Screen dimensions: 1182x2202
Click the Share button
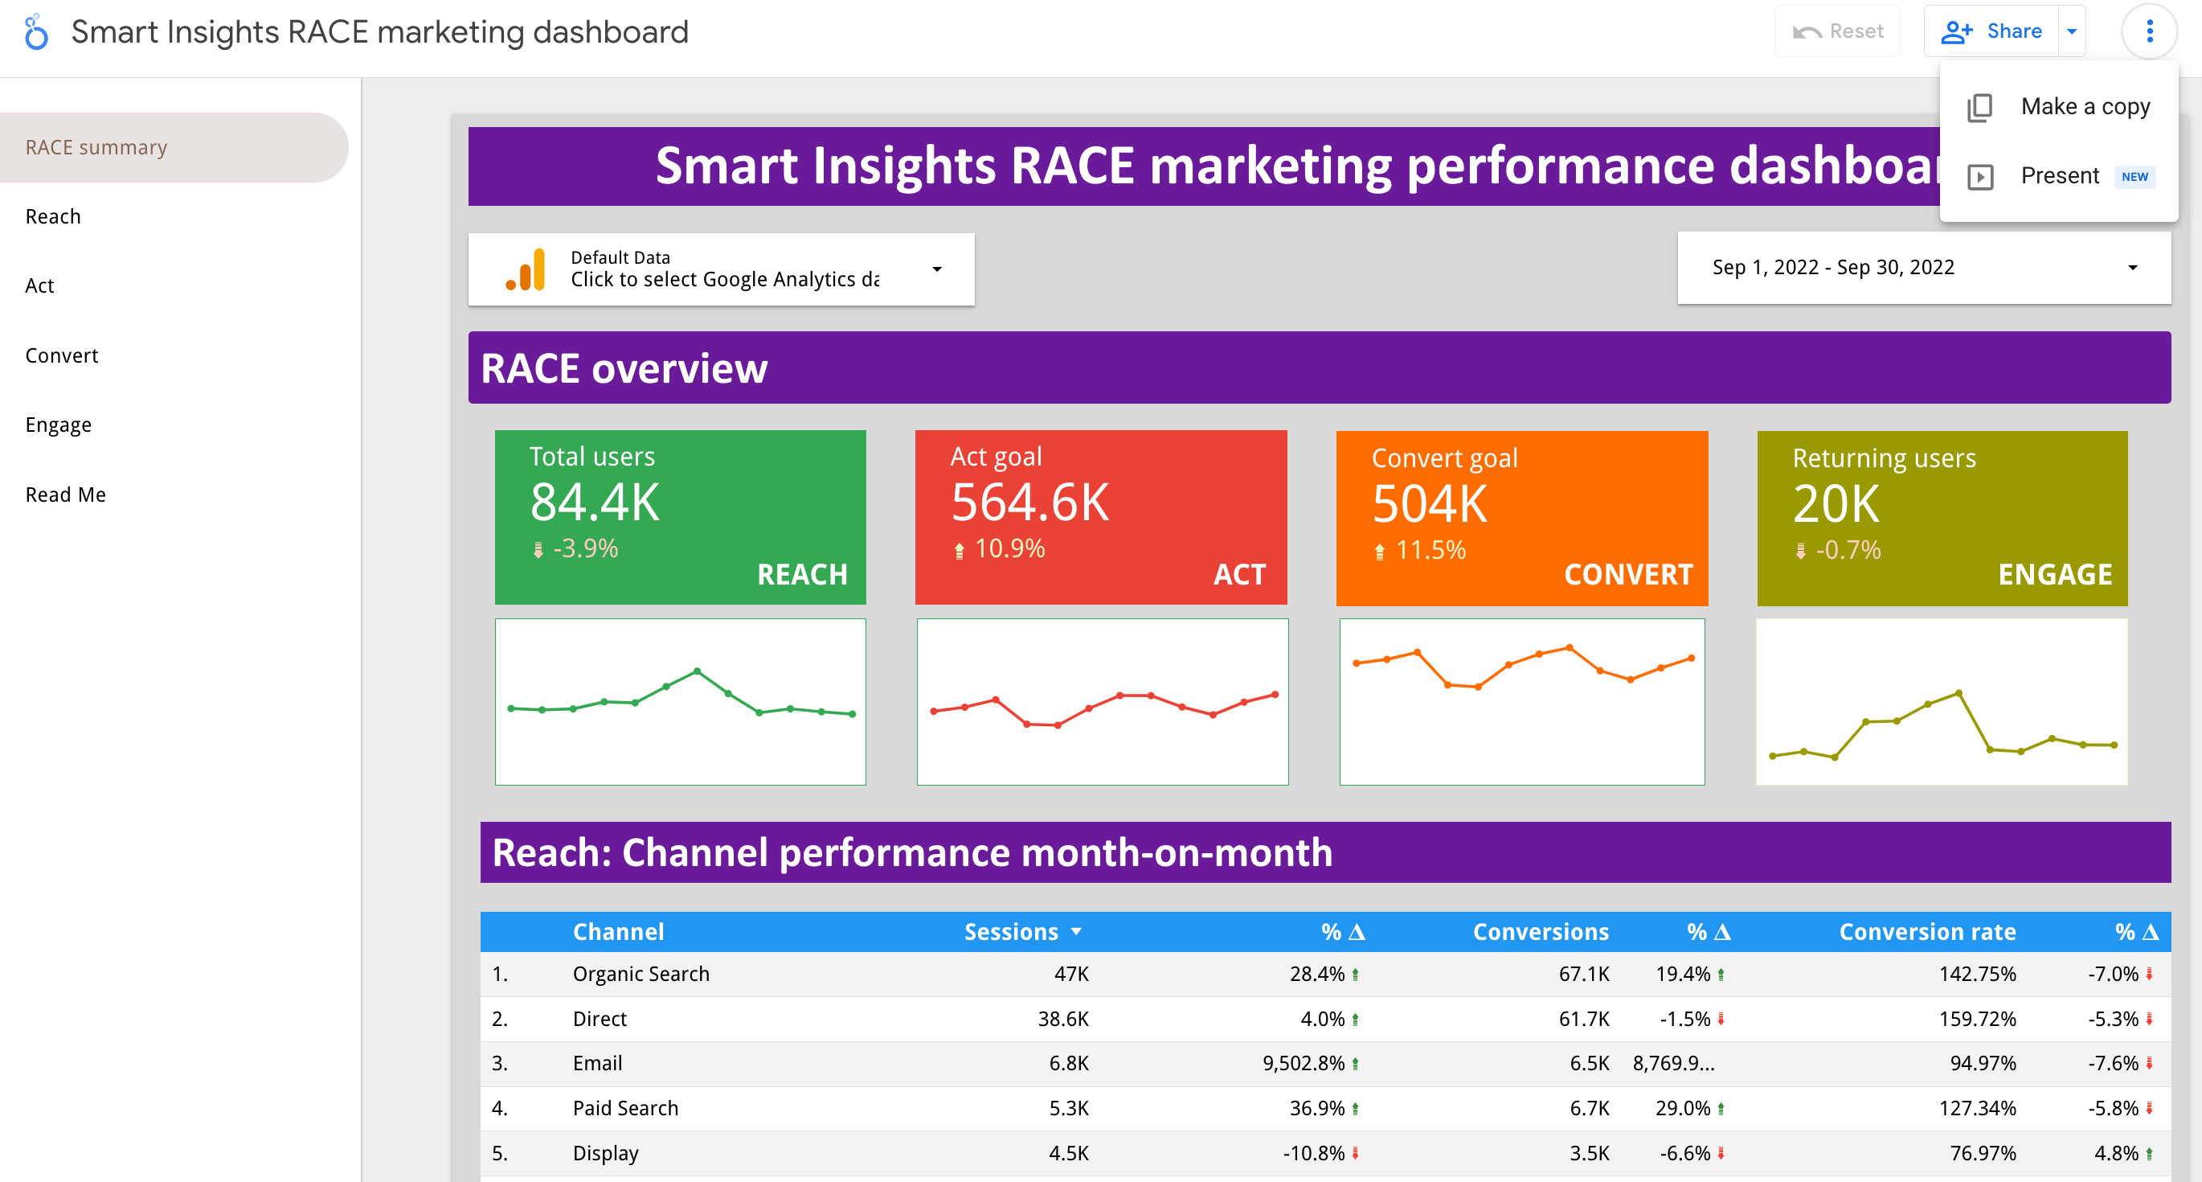[x=1991, y=31]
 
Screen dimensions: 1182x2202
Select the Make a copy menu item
[x=2084, y=107]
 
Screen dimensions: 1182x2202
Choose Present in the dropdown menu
[x=2058, y=176]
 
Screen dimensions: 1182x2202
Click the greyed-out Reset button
[x=1838, y=31]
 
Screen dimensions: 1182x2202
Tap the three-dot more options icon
[x=2149, y=31]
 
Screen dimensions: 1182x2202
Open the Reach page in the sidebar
[x=53, y=216]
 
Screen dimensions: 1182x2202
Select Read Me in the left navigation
[x=66, y=495]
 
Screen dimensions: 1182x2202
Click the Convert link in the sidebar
[x=62, y=355]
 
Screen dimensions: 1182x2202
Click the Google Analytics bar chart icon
[x=526, y=270]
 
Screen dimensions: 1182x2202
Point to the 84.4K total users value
[x=594, y=502]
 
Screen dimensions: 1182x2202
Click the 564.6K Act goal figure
[x=1029, y=502]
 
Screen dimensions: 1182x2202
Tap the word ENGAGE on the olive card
[x=2054, y=574]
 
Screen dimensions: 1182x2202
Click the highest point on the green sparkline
[x=698, y=671]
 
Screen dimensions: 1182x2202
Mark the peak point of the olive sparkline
[x=1958, y=693]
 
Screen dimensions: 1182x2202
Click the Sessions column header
[x=1011, y=931]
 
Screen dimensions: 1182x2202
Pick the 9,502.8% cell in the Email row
[x=1304, y=1063]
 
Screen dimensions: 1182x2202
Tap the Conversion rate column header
[x=1927, y=931]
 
